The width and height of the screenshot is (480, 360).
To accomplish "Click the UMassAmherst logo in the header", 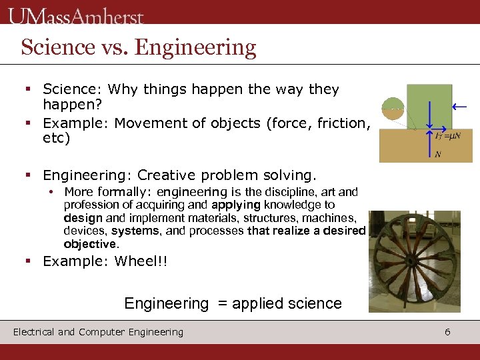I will (76, 16).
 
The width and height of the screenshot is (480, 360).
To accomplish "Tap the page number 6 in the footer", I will (447, 331).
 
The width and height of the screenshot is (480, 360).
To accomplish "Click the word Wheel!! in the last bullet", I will (141, 261).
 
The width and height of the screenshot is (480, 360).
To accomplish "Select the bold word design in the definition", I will (83, 218).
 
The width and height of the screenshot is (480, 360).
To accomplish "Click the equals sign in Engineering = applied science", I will (219, 304).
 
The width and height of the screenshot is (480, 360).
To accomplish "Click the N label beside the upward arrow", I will (437, 155).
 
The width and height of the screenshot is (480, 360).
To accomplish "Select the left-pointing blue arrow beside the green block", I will (459, 106).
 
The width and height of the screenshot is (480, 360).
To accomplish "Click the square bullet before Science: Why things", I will (29, 89).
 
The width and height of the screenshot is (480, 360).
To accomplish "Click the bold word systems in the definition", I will (136, 231).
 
